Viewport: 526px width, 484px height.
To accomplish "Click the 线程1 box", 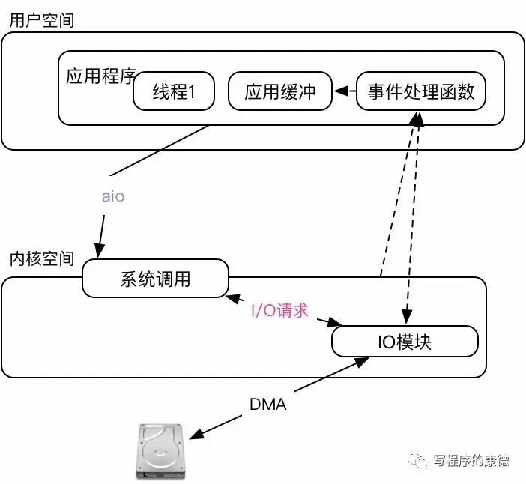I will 174,92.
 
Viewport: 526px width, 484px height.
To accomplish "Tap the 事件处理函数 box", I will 420,92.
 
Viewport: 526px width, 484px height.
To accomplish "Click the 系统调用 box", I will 155,279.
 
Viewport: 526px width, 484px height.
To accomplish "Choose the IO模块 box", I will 405,342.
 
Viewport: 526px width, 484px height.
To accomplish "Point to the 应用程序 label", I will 99,77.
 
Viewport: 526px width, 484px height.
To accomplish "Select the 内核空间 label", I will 41,258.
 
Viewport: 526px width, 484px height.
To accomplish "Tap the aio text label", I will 112,197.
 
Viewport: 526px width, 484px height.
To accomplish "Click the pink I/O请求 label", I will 279,310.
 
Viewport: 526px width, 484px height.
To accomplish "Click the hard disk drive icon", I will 161,452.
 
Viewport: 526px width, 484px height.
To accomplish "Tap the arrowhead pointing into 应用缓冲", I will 338,92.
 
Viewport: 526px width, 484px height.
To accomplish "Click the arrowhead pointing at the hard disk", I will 195,435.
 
